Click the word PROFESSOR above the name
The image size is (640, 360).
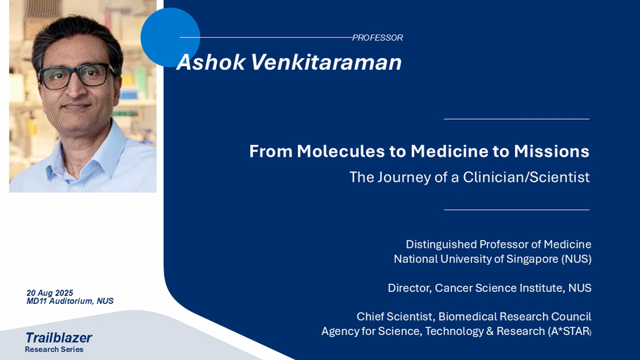(377, 38)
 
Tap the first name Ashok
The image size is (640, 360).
(211, 62)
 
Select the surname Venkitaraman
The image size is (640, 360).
(326, 62)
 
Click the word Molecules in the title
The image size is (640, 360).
(341, 151)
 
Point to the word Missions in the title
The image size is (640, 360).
(552, 151)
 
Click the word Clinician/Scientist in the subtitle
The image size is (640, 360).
(526, 177)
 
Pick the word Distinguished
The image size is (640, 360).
(441, 245)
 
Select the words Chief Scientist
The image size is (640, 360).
(396, 317)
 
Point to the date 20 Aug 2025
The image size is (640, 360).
(50, 293)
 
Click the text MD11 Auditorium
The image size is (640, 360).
(60, 301)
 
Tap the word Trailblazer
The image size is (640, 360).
(58, 338)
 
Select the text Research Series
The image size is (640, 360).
(54, 349)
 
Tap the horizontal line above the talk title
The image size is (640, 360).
(517, 119)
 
